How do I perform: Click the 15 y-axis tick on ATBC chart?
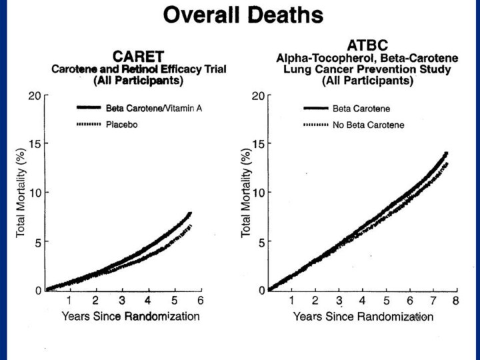[x=258, y=144]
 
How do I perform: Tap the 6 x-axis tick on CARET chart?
[x=199, y=301]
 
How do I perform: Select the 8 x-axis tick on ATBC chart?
[x=456, y=301]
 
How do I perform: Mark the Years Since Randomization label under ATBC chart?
[x=363, y=316]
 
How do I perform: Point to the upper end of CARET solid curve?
[x=190, y=214]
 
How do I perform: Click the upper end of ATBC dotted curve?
[x=446, y=163]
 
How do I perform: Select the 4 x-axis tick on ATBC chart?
[x=362, y=301]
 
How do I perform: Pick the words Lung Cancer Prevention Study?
[x=367, y=70]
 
